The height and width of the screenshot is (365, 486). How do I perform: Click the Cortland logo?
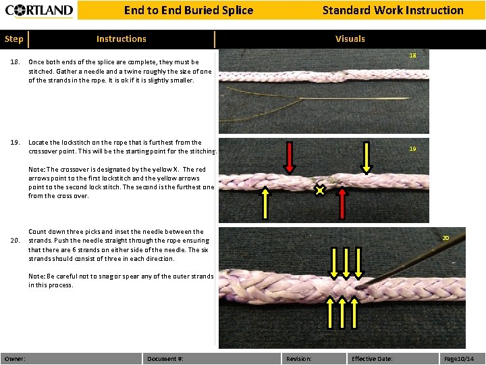pos(39,10)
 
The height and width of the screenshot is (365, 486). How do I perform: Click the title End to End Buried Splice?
pos(188,10)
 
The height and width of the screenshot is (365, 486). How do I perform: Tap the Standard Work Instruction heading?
pos(392,10)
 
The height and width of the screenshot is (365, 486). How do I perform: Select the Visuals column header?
pos(350,39)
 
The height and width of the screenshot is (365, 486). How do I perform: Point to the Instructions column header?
pos(121,39)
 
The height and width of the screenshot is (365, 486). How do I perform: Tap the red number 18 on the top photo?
pos(412,55)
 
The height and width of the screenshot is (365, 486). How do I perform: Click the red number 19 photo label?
pos(412,149)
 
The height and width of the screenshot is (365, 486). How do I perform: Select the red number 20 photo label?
pos(446,238)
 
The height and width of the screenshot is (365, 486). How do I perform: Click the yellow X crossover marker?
pos(320,191)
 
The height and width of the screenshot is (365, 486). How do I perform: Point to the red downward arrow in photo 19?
pos(289,157)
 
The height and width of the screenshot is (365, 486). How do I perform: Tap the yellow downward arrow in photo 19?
pos(366,157)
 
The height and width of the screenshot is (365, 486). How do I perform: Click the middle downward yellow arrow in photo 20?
pos(346,263)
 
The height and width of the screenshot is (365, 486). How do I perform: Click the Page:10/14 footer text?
pos(458,358)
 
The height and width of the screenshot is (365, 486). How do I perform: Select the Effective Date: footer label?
pos(372,358)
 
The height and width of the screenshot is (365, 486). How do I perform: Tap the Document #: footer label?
pos(165,358)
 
